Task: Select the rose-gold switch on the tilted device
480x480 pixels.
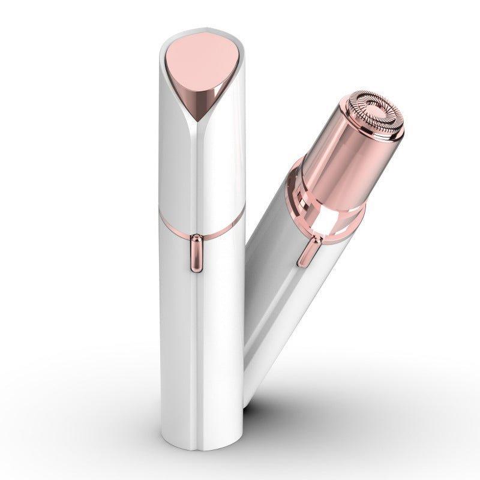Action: coord(305,250)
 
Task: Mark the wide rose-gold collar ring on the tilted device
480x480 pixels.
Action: coord(327,207)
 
